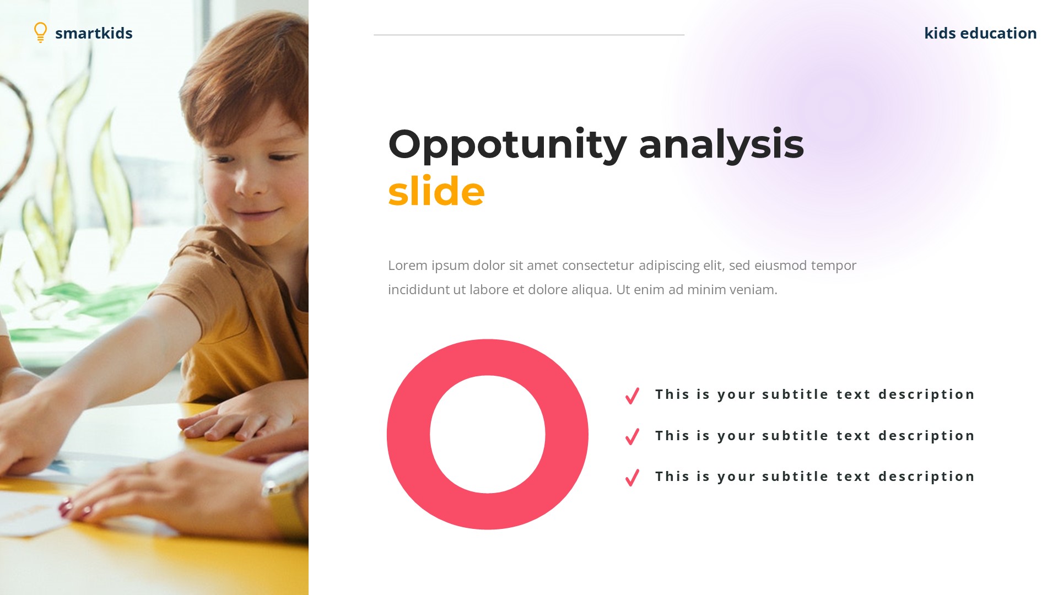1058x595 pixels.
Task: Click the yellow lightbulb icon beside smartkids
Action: [40, 32]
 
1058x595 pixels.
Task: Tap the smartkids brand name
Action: [94, 33]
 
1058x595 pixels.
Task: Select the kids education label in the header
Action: [980, 33]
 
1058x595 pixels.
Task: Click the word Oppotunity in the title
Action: [507, 144]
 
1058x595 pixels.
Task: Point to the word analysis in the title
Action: [721, 144]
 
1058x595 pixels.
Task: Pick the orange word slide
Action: [436, 191]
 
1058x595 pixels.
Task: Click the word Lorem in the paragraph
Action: [408, 266]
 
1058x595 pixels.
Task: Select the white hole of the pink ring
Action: [488, 434]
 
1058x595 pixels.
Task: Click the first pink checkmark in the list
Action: [632, 396]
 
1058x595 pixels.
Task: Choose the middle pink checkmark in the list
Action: [632, 436]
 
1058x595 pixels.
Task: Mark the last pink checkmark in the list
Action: [632, 477]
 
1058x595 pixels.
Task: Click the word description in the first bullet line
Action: [926, 394]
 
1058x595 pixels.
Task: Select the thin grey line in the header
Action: [529, 35]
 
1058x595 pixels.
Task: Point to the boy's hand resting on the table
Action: [231, 421]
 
